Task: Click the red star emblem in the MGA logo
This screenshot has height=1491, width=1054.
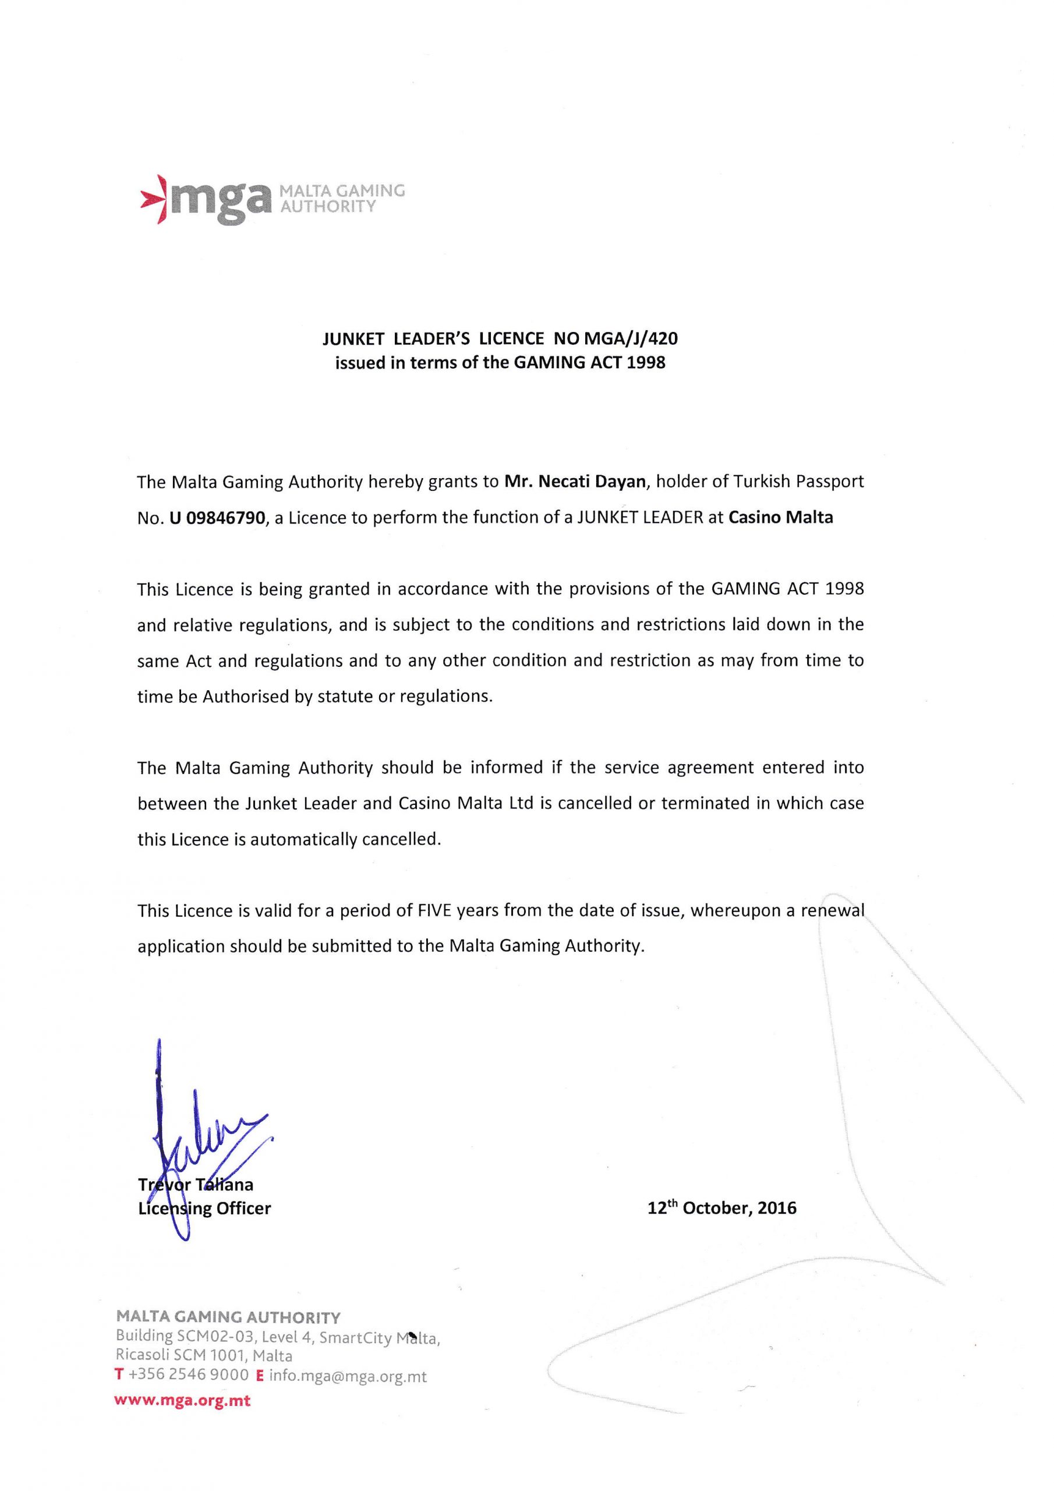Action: [154, 199]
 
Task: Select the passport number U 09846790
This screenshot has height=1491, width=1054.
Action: [218, 518]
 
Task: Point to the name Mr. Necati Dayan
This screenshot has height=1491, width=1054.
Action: [575, 482]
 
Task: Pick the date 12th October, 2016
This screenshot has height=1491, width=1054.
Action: [721, 1208]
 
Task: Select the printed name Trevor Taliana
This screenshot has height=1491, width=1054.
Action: [196, 1185]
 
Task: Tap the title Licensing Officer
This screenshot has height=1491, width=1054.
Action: [204, 1209]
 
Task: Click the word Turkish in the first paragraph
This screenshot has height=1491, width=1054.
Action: [762, 482]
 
